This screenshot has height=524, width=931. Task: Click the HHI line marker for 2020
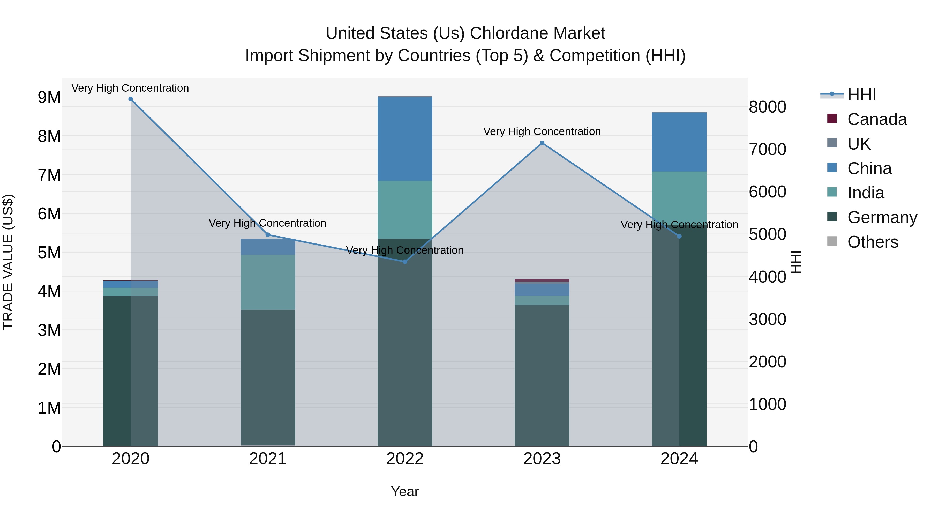click(x=131, y=99)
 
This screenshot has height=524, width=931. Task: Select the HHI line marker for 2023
click(x=542, y=143)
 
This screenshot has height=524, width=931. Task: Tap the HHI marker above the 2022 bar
click(x=405, y=261)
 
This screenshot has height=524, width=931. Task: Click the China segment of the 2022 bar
click(x=405, y=138)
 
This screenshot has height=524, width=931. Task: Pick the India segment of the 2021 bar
click(x=268, y=282)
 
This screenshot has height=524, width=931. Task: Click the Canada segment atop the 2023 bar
click(x=542, y=280)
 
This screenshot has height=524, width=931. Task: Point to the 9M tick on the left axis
click(x=49, y=97)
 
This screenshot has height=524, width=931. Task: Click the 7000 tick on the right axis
click(x=767, y=149)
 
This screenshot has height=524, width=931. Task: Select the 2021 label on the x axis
click(x=268, y=459)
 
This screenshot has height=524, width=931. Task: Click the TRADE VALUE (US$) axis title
click(x=8, y=262)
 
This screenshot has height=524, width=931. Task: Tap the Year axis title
click(x=405, y=491)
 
